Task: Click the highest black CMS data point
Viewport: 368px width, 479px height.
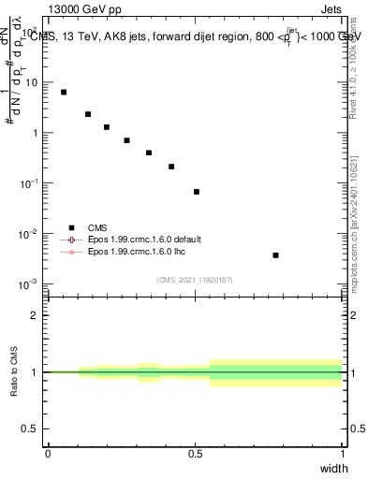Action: (64, 92)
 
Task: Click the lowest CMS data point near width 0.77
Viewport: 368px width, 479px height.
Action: (275, 254)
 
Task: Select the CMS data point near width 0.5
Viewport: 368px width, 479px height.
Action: (197, 192)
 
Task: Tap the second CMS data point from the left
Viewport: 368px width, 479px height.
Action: (88, 114)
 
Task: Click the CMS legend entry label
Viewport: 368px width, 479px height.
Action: (97, 227)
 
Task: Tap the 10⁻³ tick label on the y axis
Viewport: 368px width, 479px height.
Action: (30, 283)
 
